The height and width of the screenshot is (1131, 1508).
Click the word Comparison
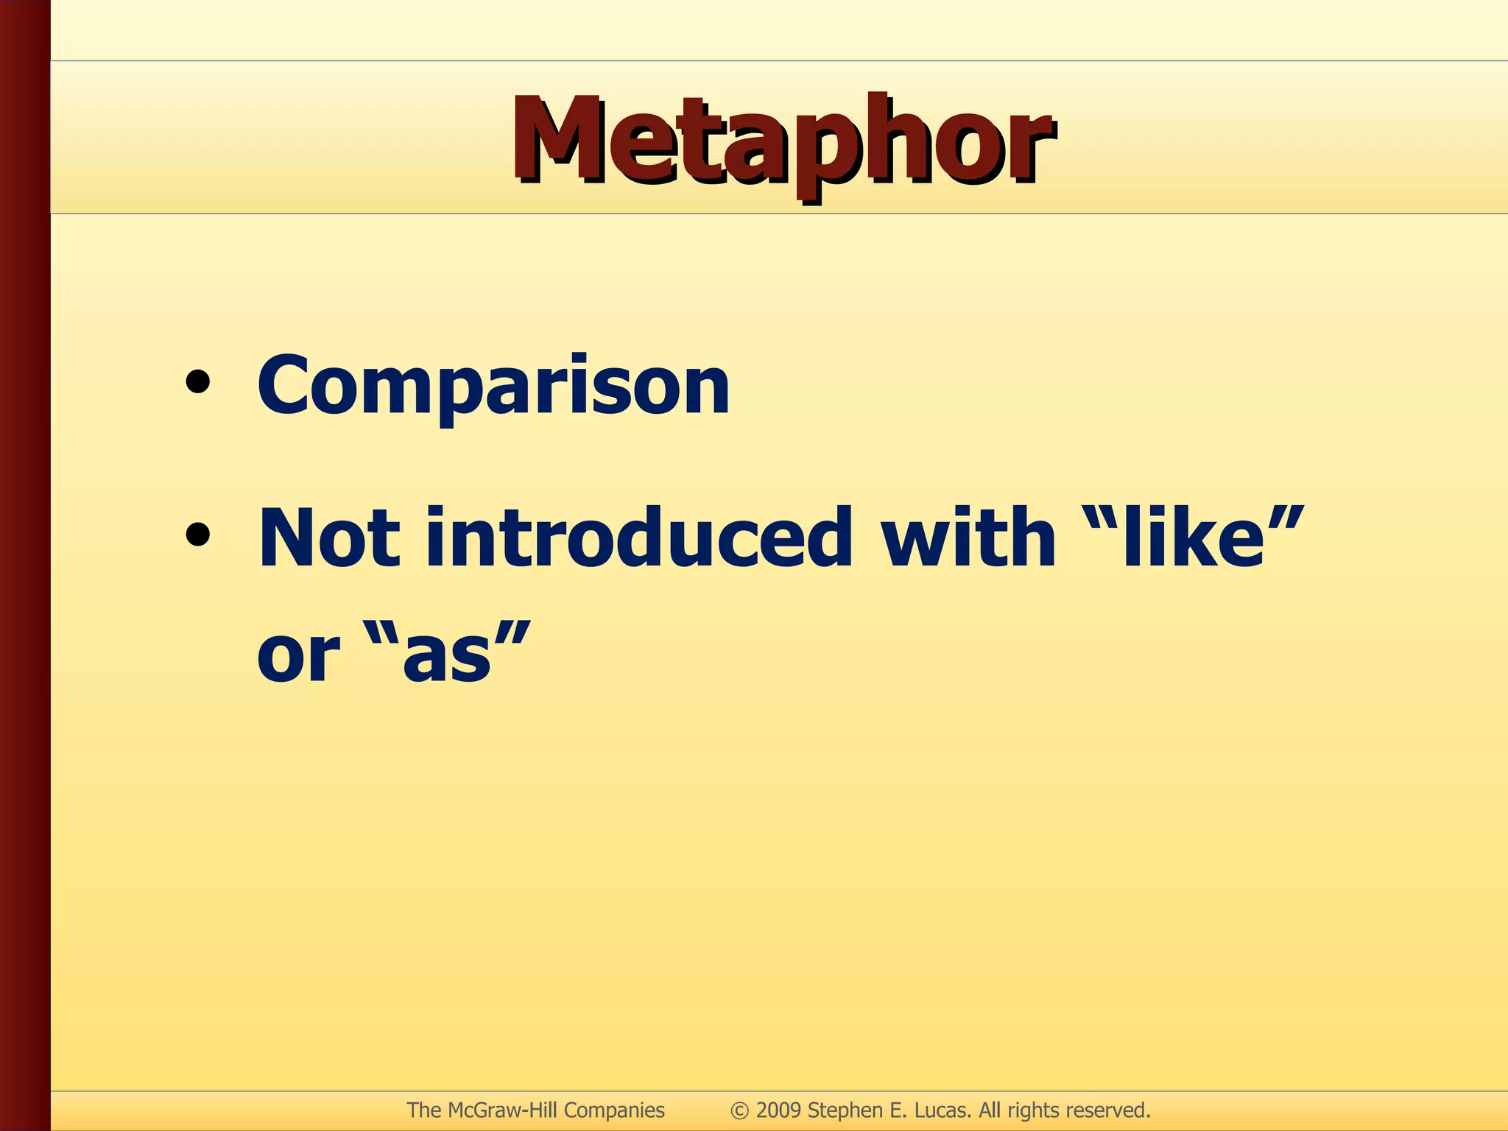point(493,385)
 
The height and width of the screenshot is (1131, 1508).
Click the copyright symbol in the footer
point(739,1110)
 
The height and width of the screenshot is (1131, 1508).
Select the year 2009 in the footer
point(778,1110)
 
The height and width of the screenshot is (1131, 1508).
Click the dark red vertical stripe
point(24,565)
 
